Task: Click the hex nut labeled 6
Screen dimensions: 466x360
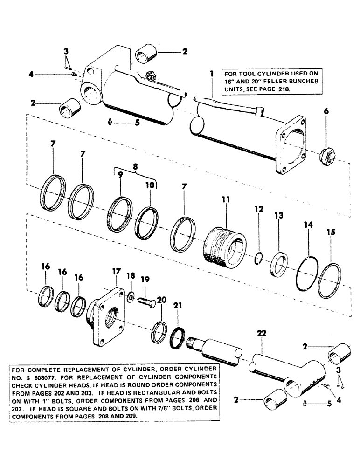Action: point(325,154)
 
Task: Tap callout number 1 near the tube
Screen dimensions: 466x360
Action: point(211,74)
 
